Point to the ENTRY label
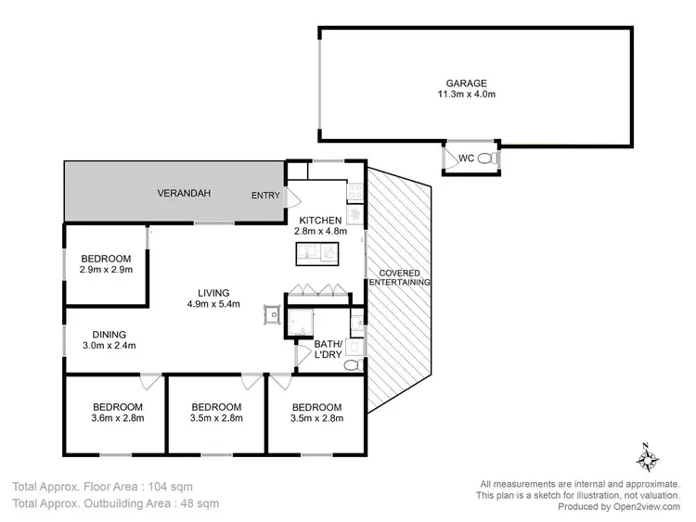click(265, 196)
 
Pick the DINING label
click(108, 335)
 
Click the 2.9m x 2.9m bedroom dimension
click(106, 270)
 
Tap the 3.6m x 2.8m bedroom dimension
click(117, 418)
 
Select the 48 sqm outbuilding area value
click(200, 503)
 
